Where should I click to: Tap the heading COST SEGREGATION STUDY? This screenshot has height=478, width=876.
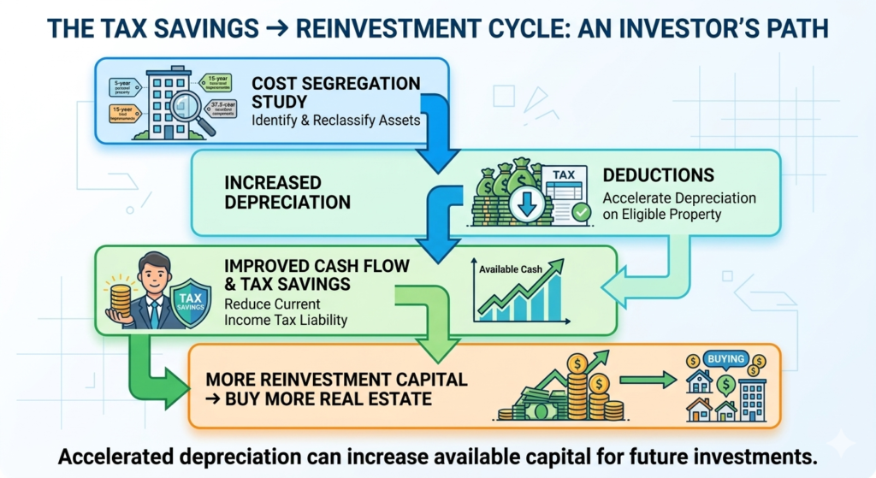pos(335,91)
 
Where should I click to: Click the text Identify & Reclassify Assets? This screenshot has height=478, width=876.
pos(335,120)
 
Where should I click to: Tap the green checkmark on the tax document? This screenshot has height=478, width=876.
pos(579,211)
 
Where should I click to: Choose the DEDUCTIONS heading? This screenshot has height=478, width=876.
pos(656,175)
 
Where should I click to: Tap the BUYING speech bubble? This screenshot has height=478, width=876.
pos(726,359)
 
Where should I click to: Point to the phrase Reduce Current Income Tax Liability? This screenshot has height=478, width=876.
pos(283,312)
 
